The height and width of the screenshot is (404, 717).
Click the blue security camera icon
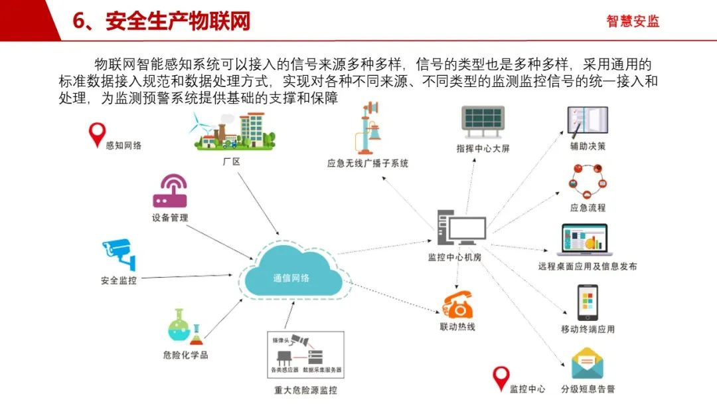click(x=119, y=254)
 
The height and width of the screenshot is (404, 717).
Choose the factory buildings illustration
click(x=234, y=132)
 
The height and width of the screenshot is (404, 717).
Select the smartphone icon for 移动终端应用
click(x=588, y=303)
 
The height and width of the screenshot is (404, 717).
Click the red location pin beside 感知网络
click(x=97, y=135)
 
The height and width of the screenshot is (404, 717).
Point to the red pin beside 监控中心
click(x=500, y=379)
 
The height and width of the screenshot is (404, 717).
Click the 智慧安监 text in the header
click(x=633, y=21)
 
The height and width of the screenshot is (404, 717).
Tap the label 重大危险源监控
click(x=305, y=389)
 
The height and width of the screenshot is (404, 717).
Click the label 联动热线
click(x=457, y=327)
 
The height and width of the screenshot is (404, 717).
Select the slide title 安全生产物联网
click(x=178, y=21)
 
